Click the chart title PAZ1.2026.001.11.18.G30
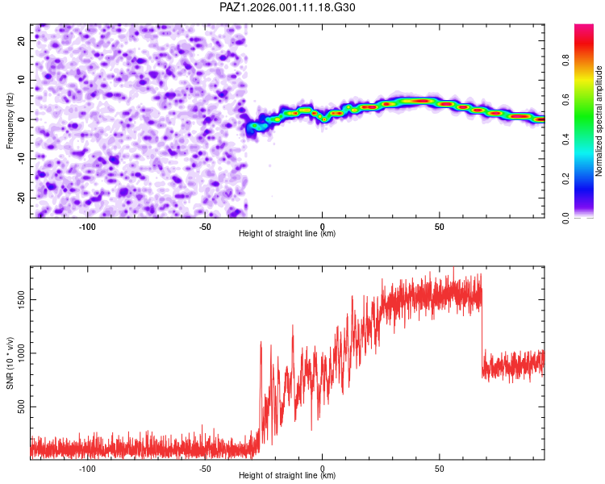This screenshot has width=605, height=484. point(288,7)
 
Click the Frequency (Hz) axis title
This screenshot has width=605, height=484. point(10,119)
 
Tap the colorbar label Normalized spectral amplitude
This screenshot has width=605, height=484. point(599,121)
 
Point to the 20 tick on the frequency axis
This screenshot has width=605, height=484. point(21,40)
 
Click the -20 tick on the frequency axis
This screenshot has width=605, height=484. point(21,198)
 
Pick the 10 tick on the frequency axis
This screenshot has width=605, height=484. point(21,79)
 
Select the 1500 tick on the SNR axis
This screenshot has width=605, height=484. point(21,298)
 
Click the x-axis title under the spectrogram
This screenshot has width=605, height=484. point(287,234)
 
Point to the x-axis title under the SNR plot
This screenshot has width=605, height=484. point(287,476)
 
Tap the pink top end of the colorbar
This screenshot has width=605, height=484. point(584,28)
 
